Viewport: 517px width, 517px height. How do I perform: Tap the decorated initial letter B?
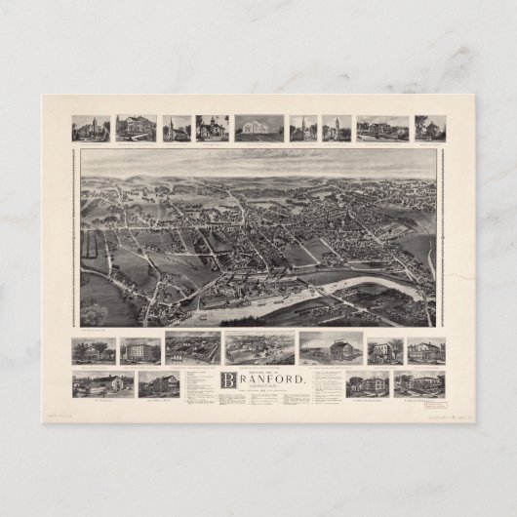pyautogui.click(x=230, y=380)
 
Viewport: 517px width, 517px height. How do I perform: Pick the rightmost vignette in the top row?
pyautogui.click(x=429, y=129)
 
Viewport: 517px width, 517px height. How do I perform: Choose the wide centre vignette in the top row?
pyautogui.click(x=258, y=129)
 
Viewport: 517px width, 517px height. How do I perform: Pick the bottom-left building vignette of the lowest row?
pyautogui.click(x=90, y=384)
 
